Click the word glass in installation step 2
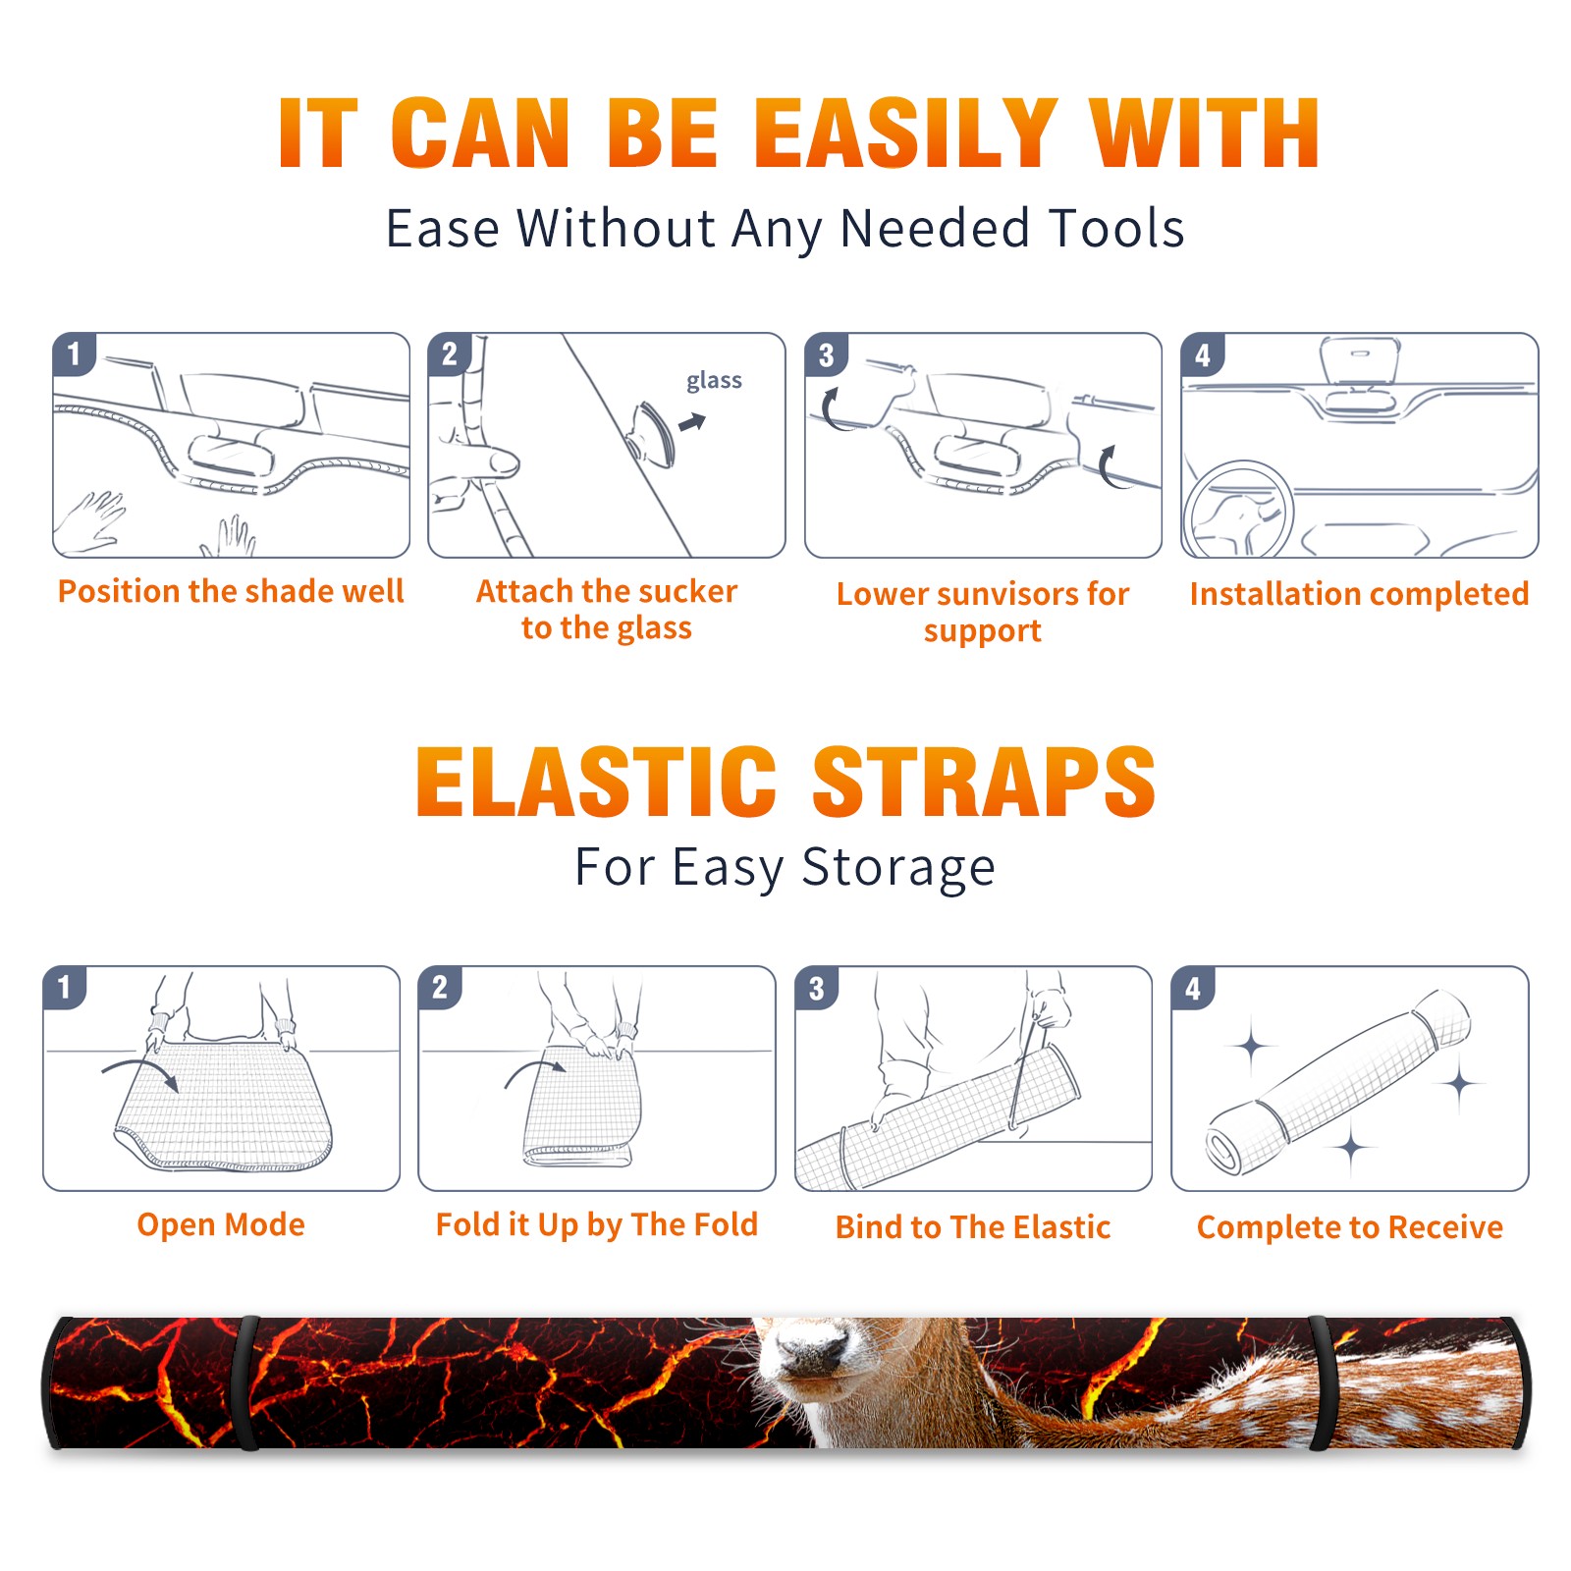pos(714,381)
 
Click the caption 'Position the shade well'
pos(231,591)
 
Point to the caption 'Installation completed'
pos(1359,594)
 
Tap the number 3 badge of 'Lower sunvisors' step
pos(826,354)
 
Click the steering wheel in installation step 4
pos(1237,509)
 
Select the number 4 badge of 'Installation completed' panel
pos(1203,354)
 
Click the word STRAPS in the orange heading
pos(984,782)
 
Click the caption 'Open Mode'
pos(221,1224)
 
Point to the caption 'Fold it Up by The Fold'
pos(597,1224)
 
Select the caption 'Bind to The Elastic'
pos(973,1227)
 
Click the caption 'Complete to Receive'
pos(1350,1227)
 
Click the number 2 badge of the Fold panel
pos(440,987)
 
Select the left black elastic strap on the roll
pos(246,1382)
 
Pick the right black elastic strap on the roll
pos(1323,1382)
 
